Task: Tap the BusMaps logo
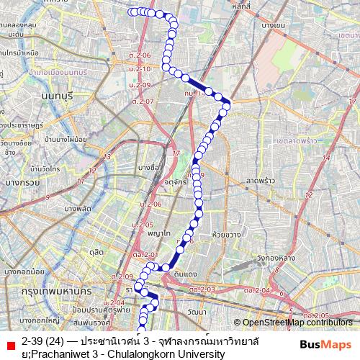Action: coord(326,346)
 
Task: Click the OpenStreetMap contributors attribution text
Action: coord(297,323)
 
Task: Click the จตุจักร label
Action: coord(175,182)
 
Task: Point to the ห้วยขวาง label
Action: coord(226,235)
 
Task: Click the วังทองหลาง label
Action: coord(276,258)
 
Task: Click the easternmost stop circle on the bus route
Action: coord(226,107)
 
